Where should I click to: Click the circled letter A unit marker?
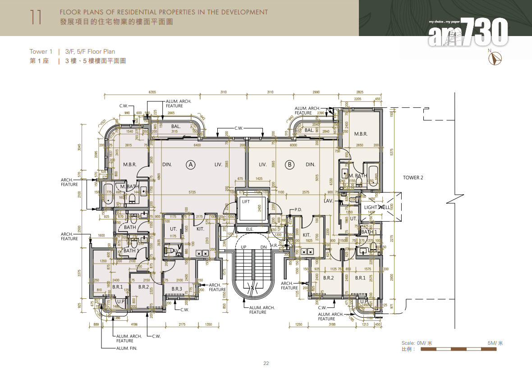tap(191, 165)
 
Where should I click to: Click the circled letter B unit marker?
tap(290, 165)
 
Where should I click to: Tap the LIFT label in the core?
tap(246, 202)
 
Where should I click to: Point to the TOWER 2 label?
tap(413, 178)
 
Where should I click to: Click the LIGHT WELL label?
tap(377, 207)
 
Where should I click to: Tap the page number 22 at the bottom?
tap(266, 364)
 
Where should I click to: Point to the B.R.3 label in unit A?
tap(177, 289)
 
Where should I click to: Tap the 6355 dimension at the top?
tap(152, 92)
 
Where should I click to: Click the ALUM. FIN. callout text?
tap(127, 348)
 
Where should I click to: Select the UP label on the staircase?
tap(243, 247)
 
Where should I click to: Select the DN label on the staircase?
tap(264, 247)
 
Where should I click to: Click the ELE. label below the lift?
tap(249, 229)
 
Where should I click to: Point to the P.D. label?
tap(298, 210)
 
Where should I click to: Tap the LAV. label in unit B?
tap(328, 201)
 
